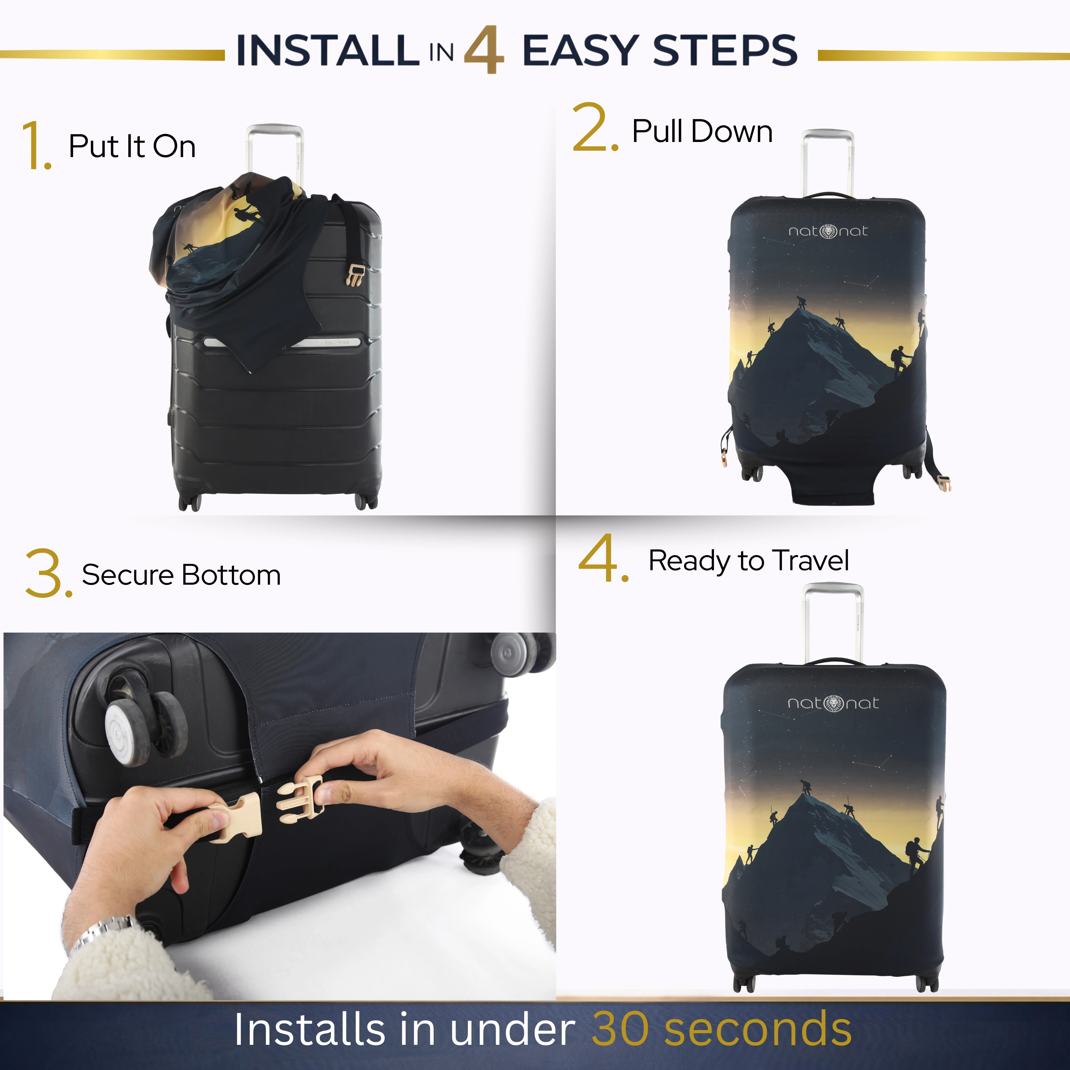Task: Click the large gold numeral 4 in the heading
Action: click(484, 50)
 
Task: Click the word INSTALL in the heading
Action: click(327, 50)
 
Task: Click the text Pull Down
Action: click(702, 132)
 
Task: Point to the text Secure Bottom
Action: click(181, 575)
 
